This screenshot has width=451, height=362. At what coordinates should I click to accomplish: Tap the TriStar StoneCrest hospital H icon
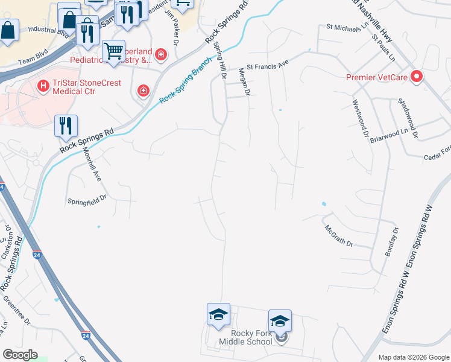pyautogui.click(x=43, y=86)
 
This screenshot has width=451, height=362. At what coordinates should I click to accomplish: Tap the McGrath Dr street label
pyautogui.click(x=338, y=237)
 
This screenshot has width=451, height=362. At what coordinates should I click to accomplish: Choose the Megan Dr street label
pyautogui.click(x=245, y=81)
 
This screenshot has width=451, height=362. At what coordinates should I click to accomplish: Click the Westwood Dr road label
pyautogui.click(x=360, y=118)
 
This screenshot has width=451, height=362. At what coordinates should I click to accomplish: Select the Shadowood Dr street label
pyautogui.click(x=408, y=116)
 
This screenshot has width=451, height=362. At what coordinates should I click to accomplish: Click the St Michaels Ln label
pyautogui.click(x=345, y=27)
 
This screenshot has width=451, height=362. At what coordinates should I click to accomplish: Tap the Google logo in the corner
pyautogui.click(x=20, y=355)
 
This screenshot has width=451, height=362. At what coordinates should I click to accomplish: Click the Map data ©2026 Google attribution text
pyautogui.click(x=413, y=357)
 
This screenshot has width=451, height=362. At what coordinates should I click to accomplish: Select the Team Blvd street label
pyautogui.click(x=32, y=61)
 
